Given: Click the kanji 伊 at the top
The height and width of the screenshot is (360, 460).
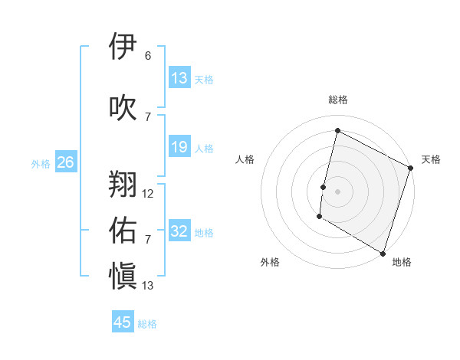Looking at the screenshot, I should pyautogui.click(x=123, y=47).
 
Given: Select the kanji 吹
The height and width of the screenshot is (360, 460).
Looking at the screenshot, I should pyautogui.click(x=123, y=106).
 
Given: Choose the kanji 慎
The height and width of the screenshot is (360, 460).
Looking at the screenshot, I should pyautogui.click(x=123, y=274).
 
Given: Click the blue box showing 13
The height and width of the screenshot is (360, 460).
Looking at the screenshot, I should pyautogui.click(x=179, y=78).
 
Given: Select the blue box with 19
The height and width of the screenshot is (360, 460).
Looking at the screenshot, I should pyautogui.click(x=179, y=147).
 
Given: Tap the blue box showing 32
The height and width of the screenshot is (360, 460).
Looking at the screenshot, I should pyautogui.click(x=179, y=231).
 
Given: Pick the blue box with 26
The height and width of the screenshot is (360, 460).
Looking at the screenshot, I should pyautogui.click(x=65, y=162).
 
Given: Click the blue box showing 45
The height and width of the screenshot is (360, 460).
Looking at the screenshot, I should pyautogui.click(x=123, y=322).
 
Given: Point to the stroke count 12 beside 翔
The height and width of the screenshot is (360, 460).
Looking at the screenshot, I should pyautogui.click(x=148, y=194).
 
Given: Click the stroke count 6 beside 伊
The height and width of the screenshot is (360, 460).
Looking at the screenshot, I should pyautogui.click(x=148, y=56).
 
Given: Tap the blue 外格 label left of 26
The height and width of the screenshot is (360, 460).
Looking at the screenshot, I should pyautogui.click(x=41, y=163).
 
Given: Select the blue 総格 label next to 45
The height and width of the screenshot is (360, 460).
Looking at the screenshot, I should pyautogui.click(x=148, y=324).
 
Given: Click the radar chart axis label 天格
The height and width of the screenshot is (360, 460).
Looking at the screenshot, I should pyautogui.click(x=431, y=159).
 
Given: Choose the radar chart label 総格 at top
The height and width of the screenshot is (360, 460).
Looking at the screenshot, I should pyautogui.click(x=337, y=100).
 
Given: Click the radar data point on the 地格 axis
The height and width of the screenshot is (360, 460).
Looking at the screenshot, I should pyautogui.click(x=383, y=252).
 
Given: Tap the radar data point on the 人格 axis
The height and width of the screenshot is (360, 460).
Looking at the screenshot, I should pyautogui.click(x=324, y=187).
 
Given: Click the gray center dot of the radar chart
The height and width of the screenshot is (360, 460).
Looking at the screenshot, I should pyautogui.click(x=337, y=191).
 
